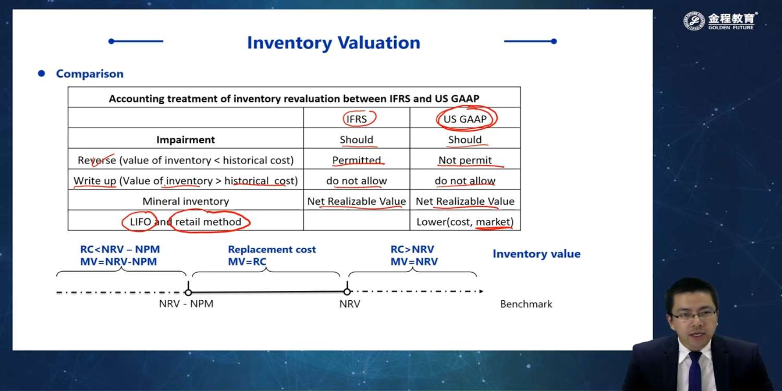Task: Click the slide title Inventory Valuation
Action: click(x=334, y=43)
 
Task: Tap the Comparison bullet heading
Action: click(x=90, y=74)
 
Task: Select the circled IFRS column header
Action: click(x=357, y=119)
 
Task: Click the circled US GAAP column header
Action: click(x=465, y=119)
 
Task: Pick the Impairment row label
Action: click(x=186, y=140)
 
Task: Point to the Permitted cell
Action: click(x=357, y=160)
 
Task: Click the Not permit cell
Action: click(x=465, y=160)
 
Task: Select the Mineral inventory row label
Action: click(x=186, y=201)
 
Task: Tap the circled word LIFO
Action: click(x=140, y=222)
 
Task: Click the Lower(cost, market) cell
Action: click(x=465, y=222)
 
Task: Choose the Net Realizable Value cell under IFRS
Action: click(x=357, y=201)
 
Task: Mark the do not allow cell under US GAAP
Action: click(x=465, y=180)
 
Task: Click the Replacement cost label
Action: click(x=272, y=249)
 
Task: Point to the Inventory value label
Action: click(x=536, y=254)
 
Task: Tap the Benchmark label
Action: click(x=526, y=304)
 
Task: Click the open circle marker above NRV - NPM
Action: click(x=188, y=292)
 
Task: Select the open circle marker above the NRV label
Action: click(x=347, y=292)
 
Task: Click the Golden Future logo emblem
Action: click(x=694, y=21)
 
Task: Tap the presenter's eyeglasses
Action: click(x=693, y=315)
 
